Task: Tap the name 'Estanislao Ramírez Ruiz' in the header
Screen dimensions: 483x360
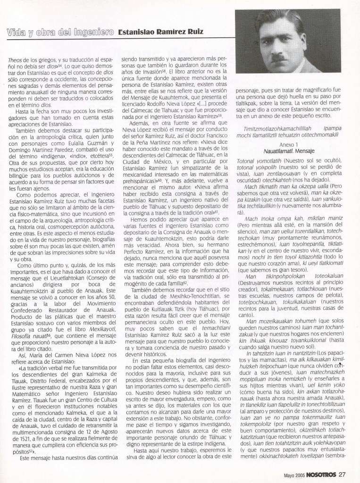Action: [161, 33]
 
